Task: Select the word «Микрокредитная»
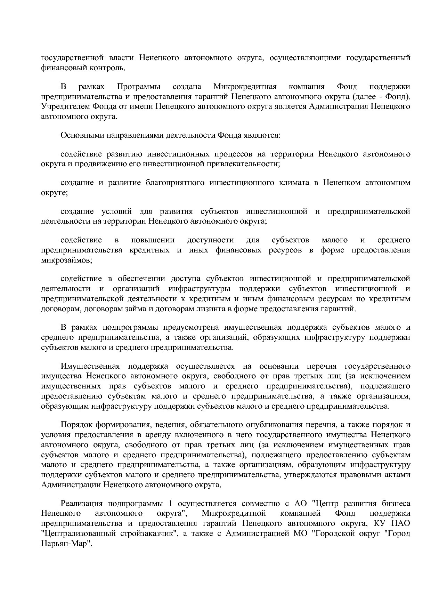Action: tap(245, 86)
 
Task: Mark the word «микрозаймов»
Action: tap(66, 260)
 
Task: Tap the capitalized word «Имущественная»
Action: tap(90, 366)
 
